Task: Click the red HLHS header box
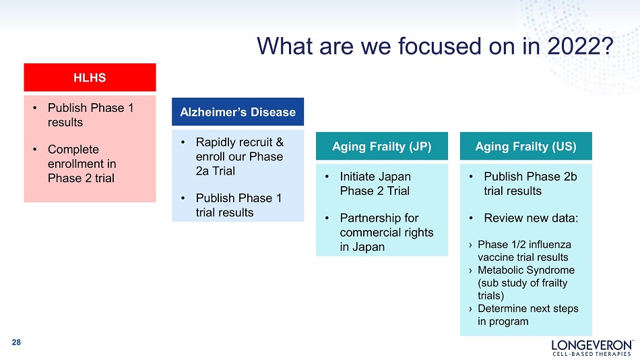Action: [x=90, y=78]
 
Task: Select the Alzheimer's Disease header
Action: [x=238, y=111]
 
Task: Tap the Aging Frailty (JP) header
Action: [x=381, y=146]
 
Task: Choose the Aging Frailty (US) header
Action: [x=525, y=146]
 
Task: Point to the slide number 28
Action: [x=16, y=342]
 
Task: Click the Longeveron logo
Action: [x=592, y=348]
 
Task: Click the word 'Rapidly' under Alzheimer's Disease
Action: [x=214, y=143]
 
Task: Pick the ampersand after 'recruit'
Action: [x=280, y=142]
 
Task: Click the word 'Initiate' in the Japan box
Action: [x=359, y=177]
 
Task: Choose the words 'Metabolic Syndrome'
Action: [x=526, y=270]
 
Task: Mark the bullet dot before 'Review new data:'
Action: [x=471, y=218]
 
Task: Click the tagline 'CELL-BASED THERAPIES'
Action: [x=592, y=354]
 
